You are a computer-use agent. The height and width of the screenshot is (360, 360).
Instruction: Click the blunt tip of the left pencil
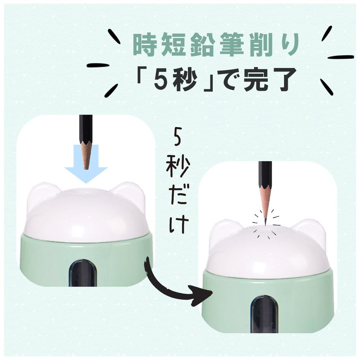86,169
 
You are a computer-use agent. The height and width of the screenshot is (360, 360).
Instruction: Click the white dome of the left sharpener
86,215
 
